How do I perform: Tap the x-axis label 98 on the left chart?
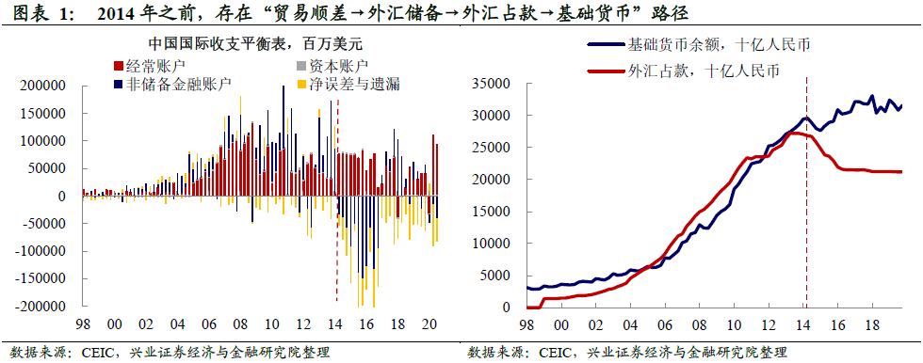pos(84,323)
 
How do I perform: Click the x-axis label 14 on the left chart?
pos(336,323)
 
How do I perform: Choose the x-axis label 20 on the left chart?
pos(430,323)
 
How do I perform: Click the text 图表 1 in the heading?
pos(33,15)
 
